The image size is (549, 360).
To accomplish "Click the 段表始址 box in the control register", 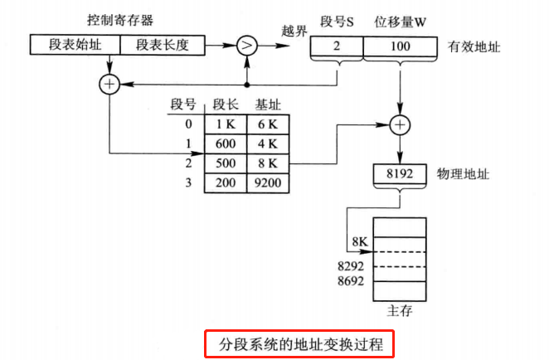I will pyautogui.click(x=75, y=44).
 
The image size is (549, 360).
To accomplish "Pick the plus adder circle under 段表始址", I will pyautogui.click(x=109, y=84).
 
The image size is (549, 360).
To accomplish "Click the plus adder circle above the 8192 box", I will pyautogui.click(x=401, y=124).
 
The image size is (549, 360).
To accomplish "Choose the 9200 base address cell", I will pyautogui.click(x=267, y=182).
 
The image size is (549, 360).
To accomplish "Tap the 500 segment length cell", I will pyautogui.click(x=226, y=163).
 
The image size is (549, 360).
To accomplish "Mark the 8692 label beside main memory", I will pyautogui.click(x=353, y=283).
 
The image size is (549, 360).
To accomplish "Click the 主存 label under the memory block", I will pyautogui.click(x=400, y=312).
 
